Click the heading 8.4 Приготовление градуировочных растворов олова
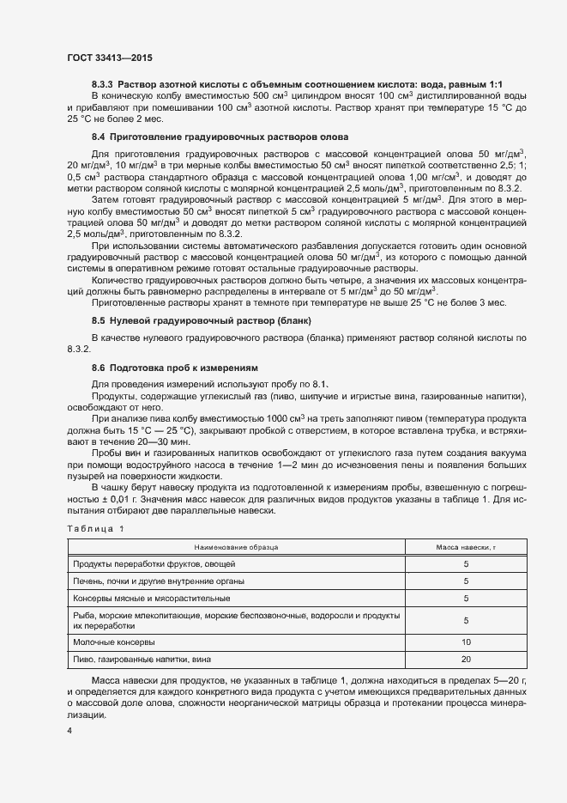220,137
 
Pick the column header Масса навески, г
466,546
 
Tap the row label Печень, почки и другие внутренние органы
166,581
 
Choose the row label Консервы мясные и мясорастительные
157,599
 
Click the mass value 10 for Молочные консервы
466,642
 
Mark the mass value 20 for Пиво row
466,659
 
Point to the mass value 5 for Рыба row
466,620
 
